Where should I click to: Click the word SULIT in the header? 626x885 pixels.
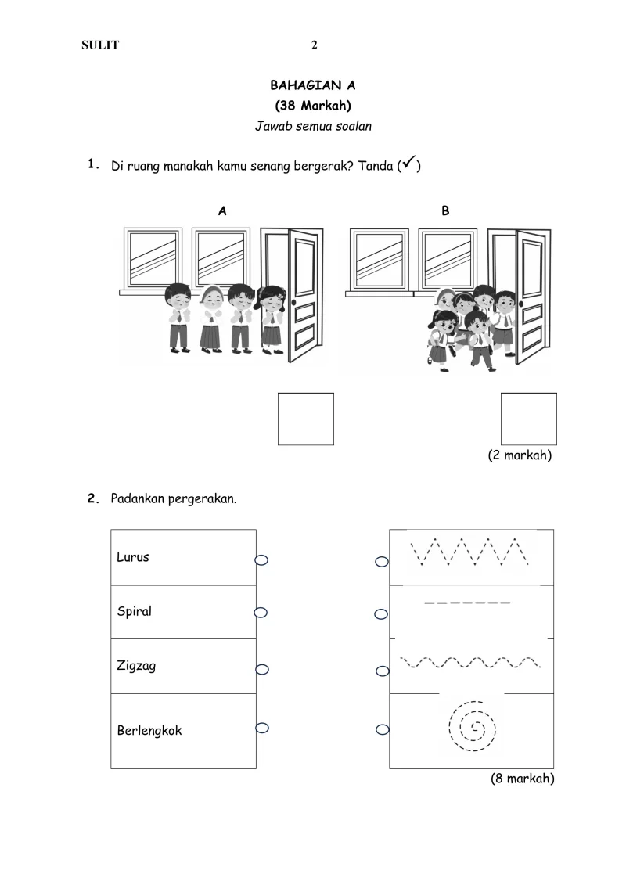pos(100,45)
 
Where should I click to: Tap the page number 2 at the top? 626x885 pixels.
pos(315,45)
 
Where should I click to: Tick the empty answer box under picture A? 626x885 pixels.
pos(306,419)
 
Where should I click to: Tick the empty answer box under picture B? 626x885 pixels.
pos(528,419)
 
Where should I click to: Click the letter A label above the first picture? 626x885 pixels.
pos(223,210)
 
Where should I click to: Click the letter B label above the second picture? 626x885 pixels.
pos(445,210)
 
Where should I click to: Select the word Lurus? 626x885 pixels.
pos(133,557)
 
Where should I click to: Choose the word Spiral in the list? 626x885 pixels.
pos(135,612)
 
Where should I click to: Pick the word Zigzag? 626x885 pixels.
pos(135,666)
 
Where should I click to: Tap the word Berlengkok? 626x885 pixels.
pos(149,731)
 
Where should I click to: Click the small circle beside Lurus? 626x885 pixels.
pos(261,559)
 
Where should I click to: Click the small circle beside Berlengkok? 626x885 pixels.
pos(262,728)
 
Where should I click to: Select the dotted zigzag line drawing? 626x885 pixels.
pos(470,552)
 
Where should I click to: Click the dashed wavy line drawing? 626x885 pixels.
pos(470,664)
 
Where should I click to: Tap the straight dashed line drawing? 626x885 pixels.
pos(467,603)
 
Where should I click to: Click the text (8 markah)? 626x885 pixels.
pos(522,779)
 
